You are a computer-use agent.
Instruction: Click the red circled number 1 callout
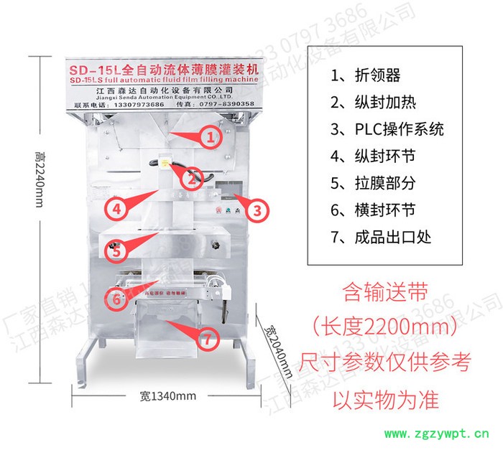[211, 138]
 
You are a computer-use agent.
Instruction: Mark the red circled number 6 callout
[115, 296]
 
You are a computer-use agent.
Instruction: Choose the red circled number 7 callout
[208, 337]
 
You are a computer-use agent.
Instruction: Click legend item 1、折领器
[366, 76]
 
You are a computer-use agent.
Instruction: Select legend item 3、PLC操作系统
[387, 129]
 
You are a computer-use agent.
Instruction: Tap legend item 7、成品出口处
[381, 236]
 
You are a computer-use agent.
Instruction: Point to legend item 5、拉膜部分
[373, 183]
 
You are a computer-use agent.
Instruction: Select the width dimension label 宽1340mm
[167, 395]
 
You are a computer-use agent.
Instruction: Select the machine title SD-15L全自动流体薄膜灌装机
[162, 71]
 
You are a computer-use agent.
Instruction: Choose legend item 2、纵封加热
[373, 103]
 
